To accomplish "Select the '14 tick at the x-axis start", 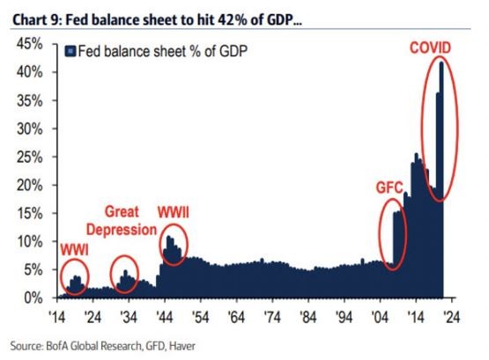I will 57,315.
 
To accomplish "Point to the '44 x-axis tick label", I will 164,315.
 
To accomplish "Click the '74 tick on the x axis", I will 271,315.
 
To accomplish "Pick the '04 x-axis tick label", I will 379,315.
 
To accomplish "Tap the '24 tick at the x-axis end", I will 450,315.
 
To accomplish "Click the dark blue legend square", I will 72,51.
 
